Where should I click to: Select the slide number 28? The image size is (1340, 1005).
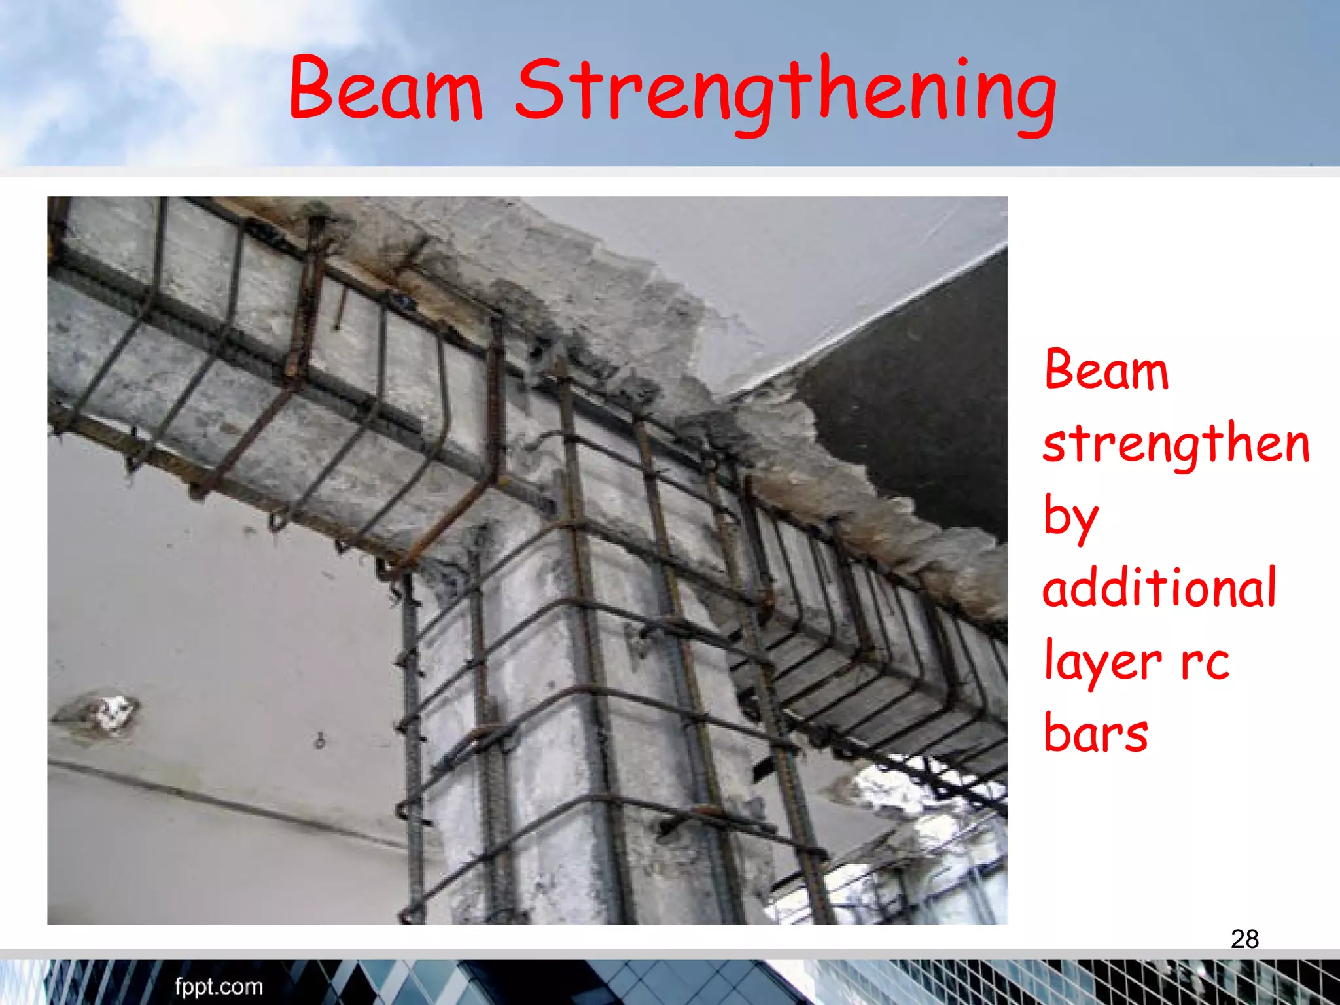[x=1244, y=939]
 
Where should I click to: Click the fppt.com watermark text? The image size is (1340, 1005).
[x=219, y=986]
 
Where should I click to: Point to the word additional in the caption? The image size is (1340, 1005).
[x=1159, y=587]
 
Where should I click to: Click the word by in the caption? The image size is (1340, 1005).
[x=1070, y=517]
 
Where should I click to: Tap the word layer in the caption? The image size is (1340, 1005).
[x=1102, y=661]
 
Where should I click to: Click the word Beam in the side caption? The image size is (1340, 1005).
[x=1106, y=370]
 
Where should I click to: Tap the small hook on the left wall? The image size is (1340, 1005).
[x=320, y=741]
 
